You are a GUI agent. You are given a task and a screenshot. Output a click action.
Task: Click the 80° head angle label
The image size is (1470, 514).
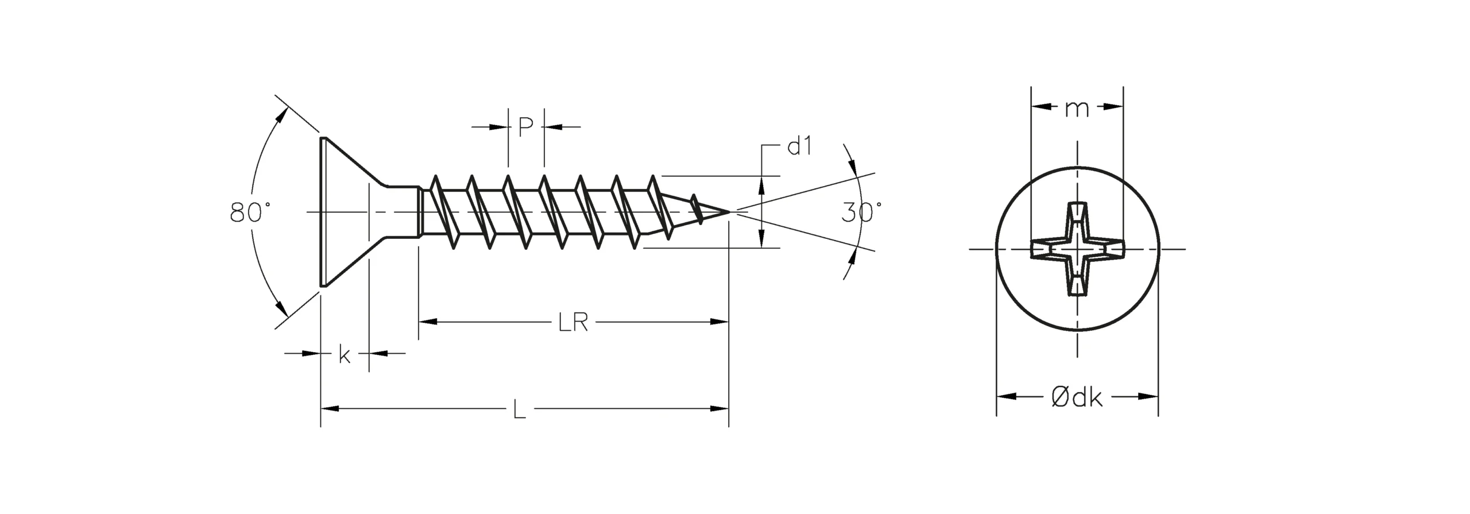click(250, 212)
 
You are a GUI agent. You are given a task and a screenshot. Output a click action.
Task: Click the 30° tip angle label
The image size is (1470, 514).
click(861, 212)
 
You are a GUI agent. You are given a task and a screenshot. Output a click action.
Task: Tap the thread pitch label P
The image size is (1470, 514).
click(525, 127)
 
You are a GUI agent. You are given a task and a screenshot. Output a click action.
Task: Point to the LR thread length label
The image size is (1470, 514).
click(573, 323)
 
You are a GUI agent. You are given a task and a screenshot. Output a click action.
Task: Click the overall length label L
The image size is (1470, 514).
click(519, 409)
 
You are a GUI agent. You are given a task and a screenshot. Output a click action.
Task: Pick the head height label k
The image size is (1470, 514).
click(345, 354)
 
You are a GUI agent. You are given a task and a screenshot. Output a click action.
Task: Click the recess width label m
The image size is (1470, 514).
click(1077, 108)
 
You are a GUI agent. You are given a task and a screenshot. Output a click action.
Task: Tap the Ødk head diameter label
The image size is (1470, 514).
click(1077, 397)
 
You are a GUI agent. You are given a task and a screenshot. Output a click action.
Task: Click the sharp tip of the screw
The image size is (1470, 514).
click(730, 212)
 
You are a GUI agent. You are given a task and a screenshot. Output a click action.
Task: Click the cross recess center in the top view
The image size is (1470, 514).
click(1077, 249)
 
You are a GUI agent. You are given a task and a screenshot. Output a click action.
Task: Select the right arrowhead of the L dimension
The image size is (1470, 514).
click(719, 409)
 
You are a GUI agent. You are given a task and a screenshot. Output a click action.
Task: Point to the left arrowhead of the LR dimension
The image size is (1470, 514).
click(428, 322)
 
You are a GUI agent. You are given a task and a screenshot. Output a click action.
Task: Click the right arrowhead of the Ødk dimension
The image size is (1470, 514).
click(1148, 396)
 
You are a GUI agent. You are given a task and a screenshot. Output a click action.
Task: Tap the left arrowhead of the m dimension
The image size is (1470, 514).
click(1040, 106)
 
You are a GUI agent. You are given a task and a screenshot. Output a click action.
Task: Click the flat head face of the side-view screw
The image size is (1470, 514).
click(322, 211)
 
